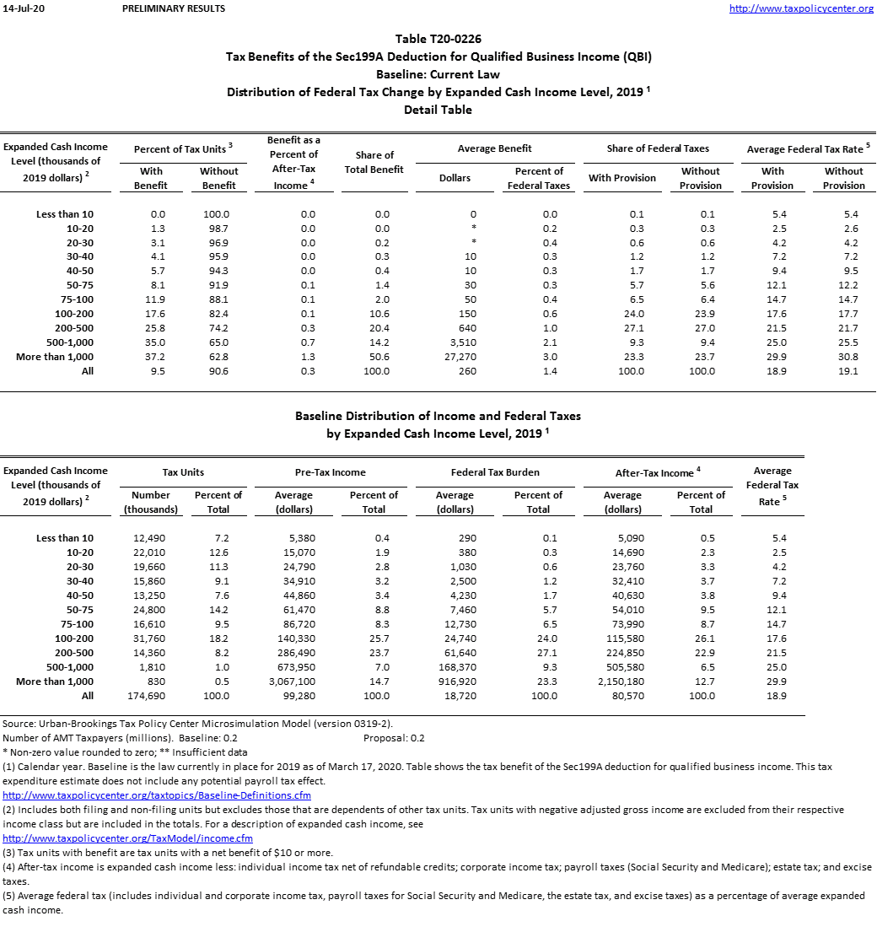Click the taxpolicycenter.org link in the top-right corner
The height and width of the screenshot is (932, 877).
click(x=801, y=8)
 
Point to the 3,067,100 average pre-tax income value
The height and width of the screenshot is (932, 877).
click(x=293, y=681)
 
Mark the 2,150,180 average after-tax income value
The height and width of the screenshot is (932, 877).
click(x=622, y=681)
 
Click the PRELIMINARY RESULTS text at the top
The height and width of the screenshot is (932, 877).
click(x=174, y=8)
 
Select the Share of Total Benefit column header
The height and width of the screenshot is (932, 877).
click(x=374, y=162)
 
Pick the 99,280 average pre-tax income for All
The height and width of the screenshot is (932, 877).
click(x=293, y=696)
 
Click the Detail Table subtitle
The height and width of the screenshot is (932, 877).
click(x=438, y=110)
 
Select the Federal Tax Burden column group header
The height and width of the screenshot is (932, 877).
click(x=495, y=472)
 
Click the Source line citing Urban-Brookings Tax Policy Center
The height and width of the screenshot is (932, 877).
click(x=197, y=724)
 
